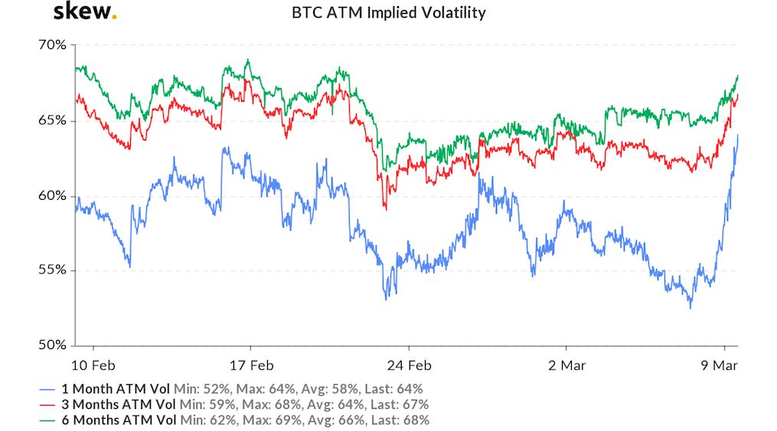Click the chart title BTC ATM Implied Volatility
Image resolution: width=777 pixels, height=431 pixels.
tap(388, 13)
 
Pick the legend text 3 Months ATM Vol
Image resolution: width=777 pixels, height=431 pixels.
tap(126, 404)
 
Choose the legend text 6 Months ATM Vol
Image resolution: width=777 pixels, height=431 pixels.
tap(126, 420)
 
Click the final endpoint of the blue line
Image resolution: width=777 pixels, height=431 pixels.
tap(738, 136)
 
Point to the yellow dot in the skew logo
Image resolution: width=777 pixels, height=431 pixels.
tap(114, 17)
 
